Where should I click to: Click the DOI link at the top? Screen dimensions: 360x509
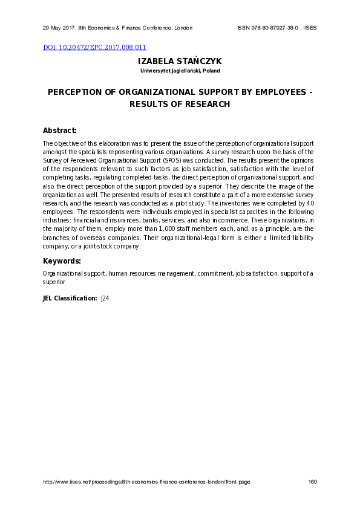pos(94,47)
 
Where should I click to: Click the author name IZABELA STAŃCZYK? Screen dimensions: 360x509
pos(180,62)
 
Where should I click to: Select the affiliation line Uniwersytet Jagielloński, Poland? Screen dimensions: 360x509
pos(180,71)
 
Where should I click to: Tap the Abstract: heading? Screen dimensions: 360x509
pos(60,131)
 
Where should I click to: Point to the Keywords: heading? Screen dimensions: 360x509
pos(62,261)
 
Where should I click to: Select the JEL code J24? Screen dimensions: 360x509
pos(105,298)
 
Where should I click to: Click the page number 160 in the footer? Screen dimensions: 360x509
pos(312,482)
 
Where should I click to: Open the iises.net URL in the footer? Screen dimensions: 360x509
pos(146,482)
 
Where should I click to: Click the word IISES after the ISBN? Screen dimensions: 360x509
pos(310,28)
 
